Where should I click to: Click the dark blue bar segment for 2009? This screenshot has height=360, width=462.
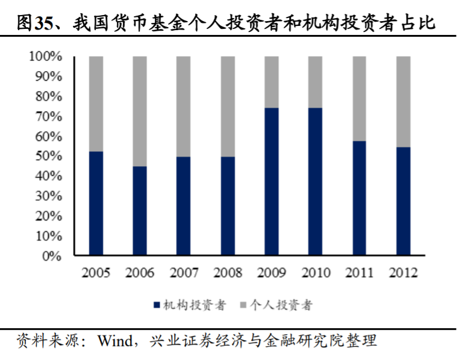(x=272, y=182)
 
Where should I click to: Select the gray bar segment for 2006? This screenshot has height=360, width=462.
(x=140, y=111)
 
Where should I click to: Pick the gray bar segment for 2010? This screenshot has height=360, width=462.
(x=315, y=82)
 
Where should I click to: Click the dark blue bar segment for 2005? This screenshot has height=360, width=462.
(x=96, y=203)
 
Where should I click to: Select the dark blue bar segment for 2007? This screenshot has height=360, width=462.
(x=184, y=206)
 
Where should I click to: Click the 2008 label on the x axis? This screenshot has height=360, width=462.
(x=228, y=273)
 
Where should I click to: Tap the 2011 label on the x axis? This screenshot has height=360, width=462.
(x=360, y=273)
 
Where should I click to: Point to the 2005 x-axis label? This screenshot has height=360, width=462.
(x=96, y=273)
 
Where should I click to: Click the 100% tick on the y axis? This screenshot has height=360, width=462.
(x=45, y=57)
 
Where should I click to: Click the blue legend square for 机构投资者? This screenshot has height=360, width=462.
(x=157, y=306)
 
